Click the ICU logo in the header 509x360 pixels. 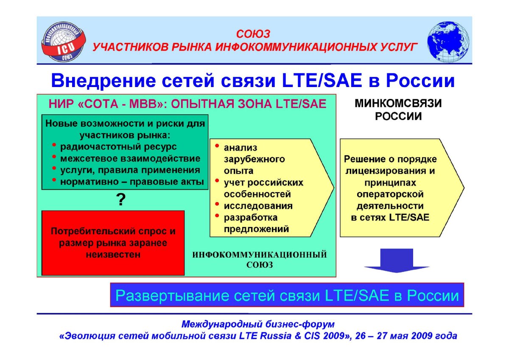click(x=64, y=42)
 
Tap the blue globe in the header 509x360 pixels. click(x=448, y=42)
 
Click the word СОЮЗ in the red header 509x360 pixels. click(x=253, y=34)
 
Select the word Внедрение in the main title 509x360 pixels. click(x=104, y=81)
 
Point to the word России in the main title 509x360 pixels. click(x=420, y=81)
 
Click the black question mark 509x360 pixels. click(x=120, y=200)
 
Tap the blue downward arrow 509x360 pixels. click(x=397, y=260)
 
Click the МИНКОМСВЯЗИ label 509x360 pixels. click(x=398, y=104)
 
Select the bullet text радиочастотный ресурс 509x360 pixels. click(x=118, y=147)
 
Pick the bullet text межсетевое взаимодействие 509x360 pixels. click(x=130, y=158)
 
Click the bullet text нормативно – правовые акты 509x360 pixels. click(x=132, y=182)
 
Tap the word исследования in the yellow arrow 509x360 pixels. click(x=258, y=206)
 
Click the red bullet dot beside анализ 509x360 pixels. click(x=217, y=146)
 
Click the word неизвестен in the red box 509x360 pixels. click(x=113, y=254)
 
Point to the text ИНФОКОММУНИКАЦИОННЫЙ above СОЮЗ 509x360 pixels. click(x=260, y=255)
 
